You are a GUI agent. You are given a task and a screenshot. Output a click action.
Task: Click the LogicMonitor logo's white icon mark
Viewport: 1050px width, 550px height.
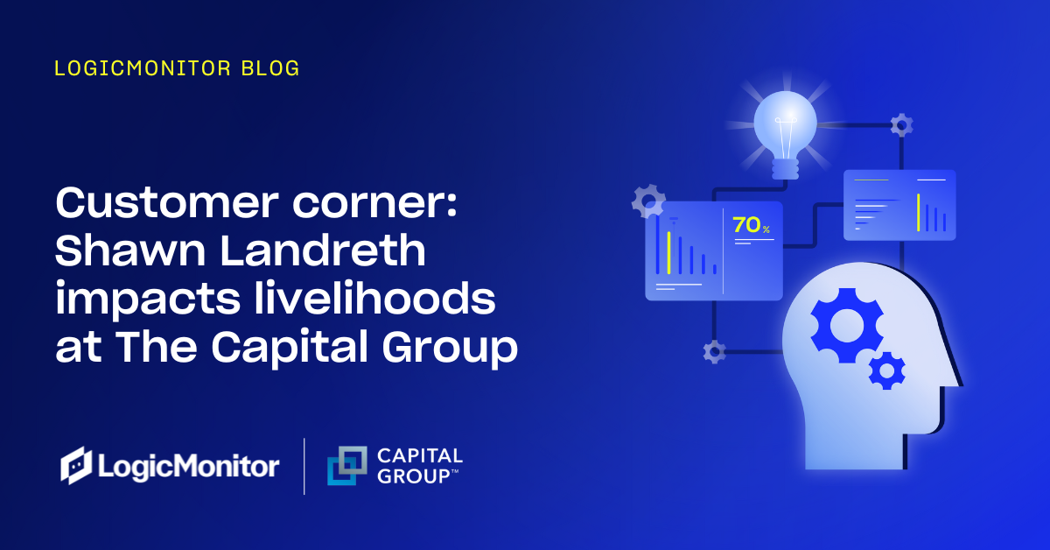(x=76, y=465)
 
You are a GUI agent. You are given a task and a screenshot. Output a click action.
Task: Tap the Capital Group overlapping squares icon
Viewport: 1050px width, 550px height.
(x=347, y=465)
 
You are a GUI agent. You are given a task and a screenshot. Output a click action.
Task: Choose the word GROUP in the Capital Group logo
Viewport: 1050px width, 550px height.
(x=411, y=476)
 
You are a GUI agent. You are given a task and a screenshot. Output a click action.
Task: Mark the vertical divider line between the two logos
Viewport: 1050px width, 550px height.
(x=304, y=466)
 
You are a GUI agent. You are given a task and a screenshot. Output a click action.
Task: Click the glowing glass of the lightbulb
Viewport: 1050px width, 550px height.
(x=784, y=122)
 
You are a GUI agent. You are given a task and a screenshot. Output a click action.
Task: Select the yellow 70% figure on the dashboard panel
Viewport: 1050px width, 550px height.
(x=750, y=225)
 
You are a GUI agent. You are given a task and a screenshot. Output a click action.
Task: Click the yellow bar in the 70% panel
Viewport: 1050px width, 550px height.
(x=668, y=253)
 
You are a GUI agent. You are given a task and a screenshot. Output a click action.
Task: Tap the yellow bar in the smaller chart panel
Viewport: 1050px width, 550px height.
(x=919, y=212)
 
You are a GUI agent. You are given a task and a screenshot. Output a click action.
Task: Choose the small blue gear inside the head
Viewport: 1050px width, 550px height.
(x=886, y=370)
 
